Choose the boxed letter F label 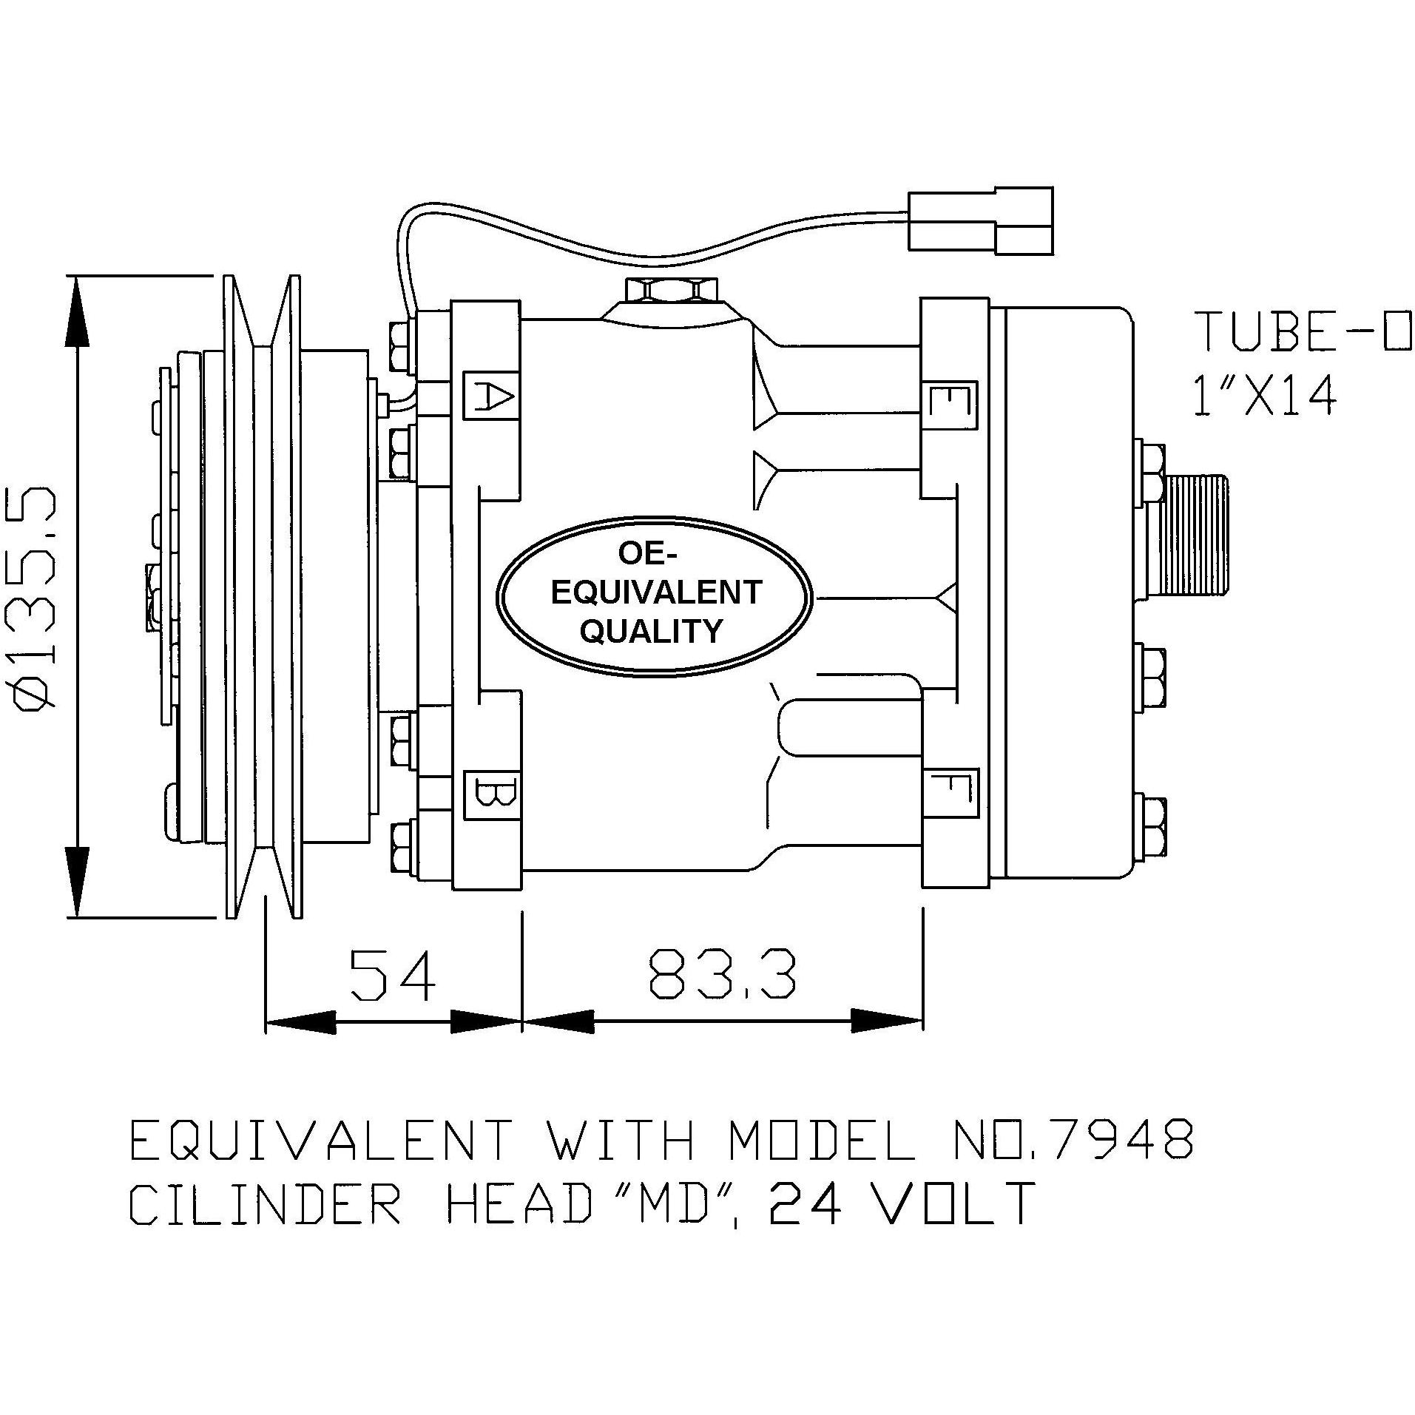951,794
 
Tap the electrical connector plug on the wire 980,220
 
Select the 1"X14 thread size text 1265,396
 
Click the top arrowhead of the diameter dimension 78,314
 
